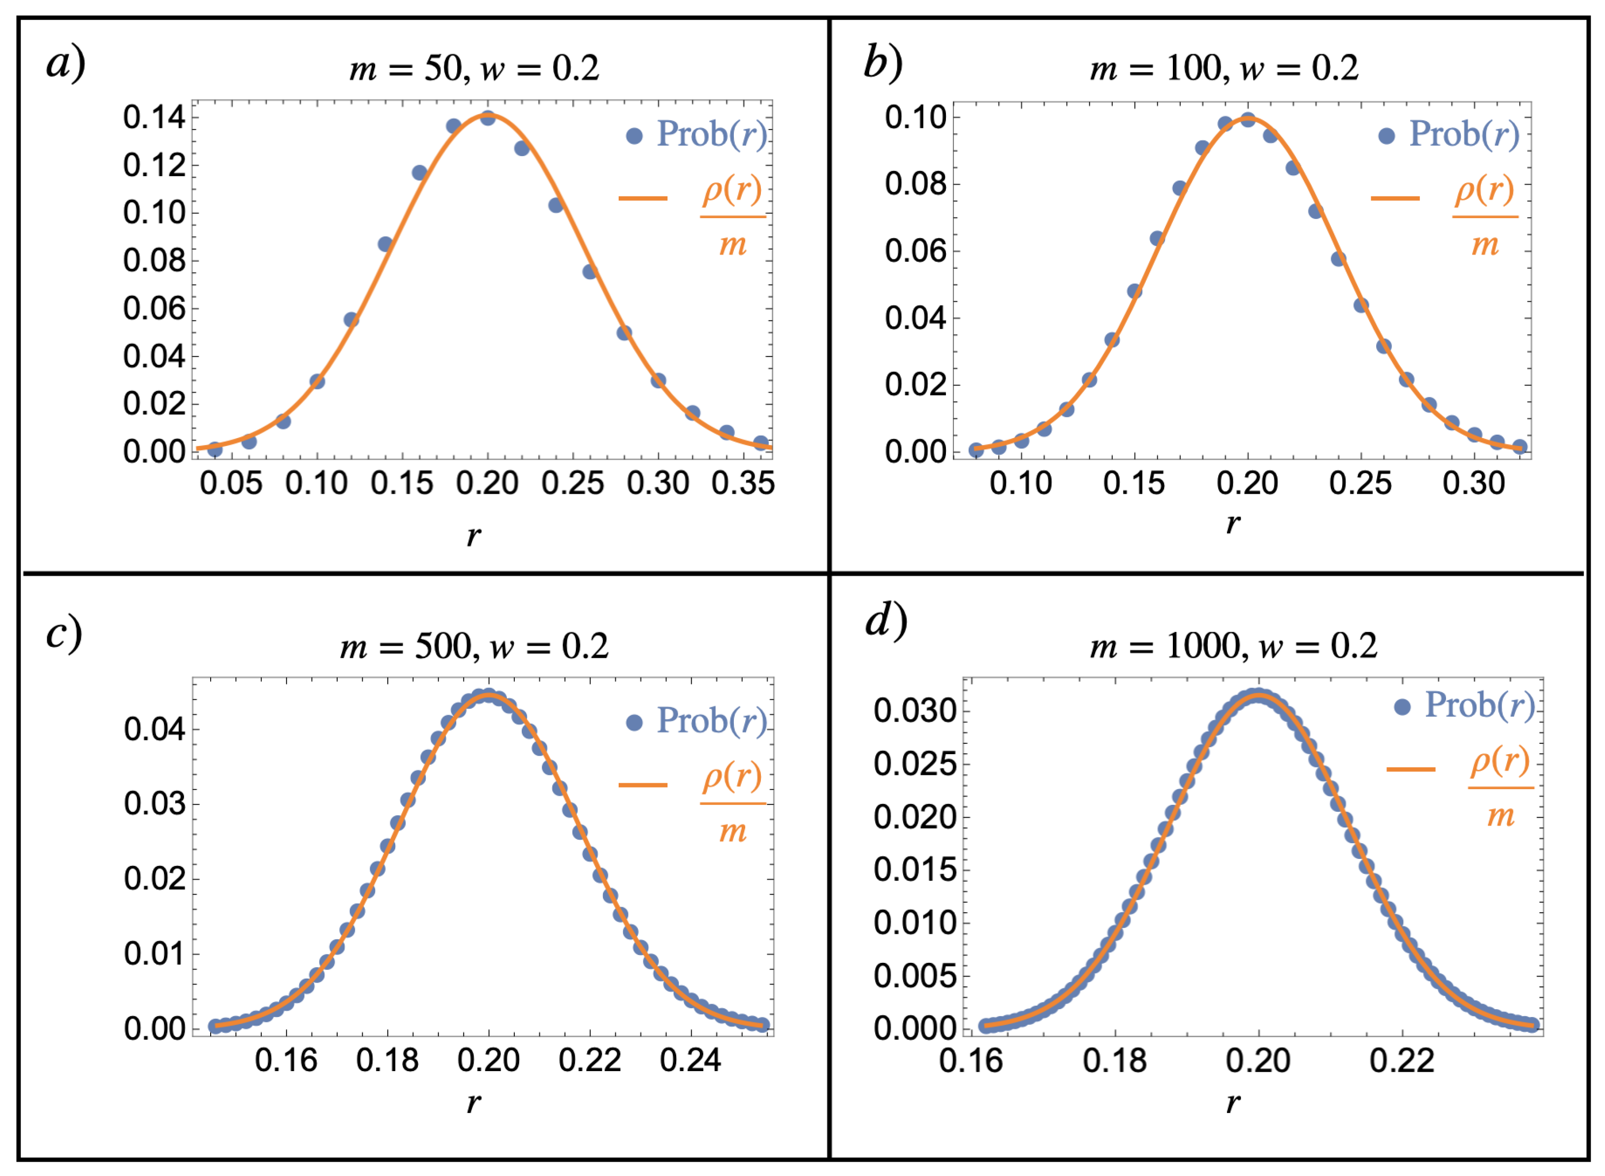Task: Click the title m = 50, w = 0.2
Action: coord(474,68)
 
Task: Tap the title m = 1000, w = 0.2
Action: coord(1233,646)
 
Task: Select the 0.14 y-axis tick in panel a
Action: coord(154,118)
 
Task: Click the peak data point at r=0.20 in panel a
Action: coord(488,118)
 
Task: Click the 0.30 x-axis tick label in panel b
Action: coord(1473,483)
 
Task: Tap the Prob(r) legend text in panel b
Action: coord(1464,134)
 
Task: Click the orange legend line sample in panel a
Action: coord(643,198)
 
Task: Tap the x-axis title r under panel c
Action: coord(473,1103)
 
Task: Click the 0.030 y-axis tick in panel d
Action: coord(914,710)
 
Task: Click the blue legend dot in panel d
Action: coord(1402,707)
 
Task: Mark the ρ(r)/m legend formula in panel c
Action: coord(732,802)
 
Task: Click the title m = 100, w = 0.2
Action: coord(1224,68)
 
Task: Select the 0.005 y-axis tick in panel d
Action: coord(914,976)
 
